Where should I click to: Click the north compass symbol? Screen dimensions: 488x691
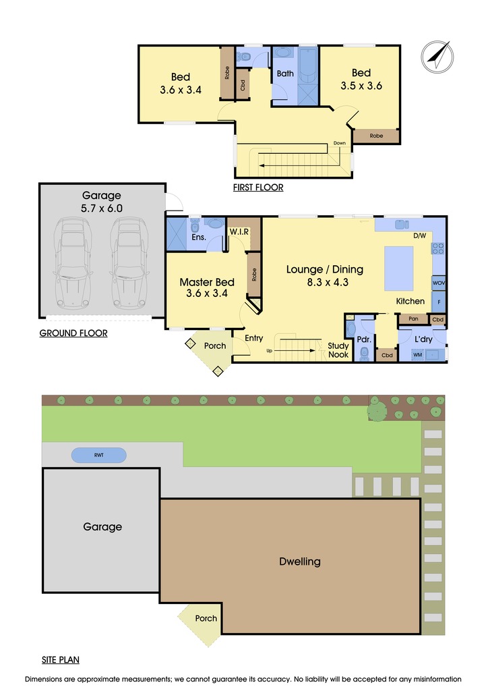click(437, 57)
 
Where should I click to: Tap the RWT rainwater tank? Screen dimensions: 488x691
click(99, 455)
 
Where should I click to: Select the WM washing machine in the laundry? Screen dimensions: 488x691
click(418, 354)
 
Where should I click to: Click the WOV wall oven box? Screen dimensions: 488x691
click(439, 283)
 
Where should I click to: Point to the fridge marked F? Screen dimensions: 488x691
click(439, 302)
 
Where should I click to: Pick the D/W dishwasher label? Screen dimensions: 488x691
click(419, 236)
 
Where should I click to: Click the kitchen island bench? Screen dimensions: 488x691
click(398, 269)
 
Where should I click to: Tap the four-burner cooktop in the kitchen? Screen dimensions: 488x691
click(438, 248)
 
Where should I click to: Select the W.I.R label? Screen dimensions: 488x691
click(239, 231)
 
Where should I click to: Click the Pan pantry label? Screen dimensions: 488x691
click(413, 319)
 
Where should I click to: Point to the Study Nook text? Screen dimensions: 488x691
click(338, 350)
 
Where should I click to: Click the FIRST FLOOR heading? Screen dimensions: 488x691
click(258, 188)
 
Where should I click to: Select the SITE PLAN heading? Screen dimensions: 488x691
click(60, 660)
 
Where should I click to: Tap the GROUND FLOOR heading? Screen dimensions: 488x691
click(73, 333)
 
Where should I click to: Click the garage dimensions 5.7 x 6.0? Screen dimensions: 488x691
click(102, 209)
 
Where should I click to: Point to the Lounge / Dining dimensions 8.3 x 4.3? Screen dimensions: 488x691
click(328, 283)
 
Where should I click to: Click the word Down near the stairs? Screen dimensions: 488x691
click(339, 143)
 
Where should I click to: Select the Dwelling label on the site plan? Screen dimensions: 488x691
click(300, 561)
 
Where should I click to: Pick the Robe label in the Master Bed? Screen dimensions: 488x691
click(254, 275)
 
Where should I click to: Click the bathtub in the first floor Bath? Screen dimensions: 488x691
click(307, 65)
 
